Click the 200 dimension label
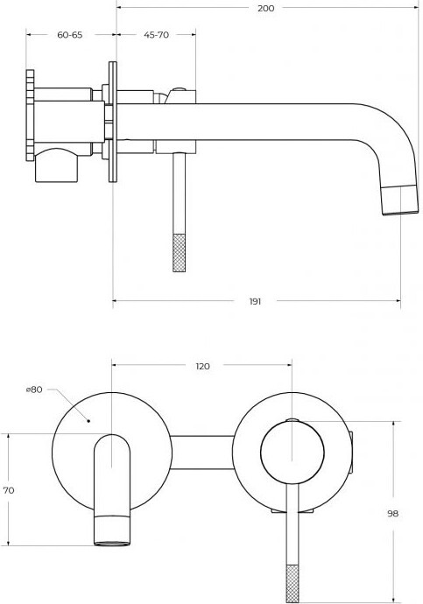(x=266, y=8)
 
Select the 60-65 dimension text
(x=70, y=35)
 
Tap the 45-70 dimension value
(x=157, y=35)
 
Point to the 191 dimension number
(x=255, y=301)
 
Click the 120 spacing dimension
(x=202, y=366)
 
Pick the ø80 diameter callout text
(x=34, y=390)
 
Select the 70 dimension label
(x=9, y=490)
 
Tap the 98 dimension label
(x=393, y=514)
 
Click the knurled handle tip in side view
(x=180, y=253)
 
